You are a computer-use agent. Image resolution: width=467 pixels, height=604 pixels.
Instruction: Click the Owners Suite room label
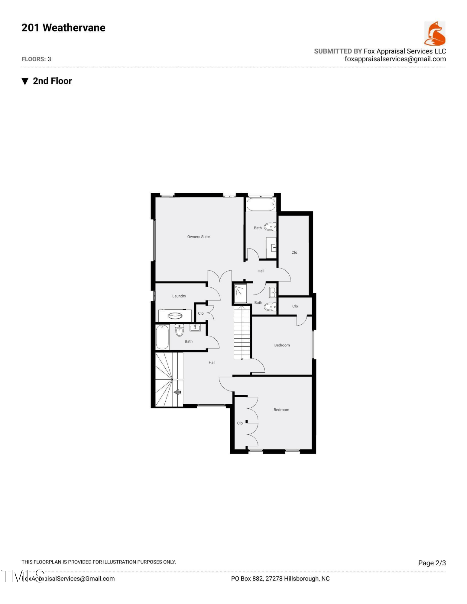pos(198,237)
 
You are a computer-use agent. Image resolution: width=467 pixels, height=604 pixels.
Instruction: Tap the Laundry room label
pos(179,296)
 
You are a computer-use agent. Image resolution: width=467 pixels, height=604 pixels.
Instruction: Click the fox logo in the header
pos(435,33)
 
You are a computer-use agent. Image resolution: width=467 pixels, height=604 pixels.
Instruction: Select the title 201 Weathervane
pos(63,28)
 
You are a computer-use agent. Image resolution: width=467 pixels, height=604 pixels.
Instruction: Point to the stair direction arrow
pos(177,392)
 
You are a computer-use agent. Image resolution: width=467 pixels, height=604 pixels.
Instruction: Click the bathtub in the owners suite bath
pos(261,204)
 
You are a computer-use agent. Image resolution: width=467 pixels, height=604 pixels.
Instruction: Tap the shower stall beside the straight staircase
pos(240,293)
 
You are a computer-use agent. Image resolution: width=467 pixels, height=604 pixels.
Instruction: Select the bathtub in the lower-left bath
pos(162,337)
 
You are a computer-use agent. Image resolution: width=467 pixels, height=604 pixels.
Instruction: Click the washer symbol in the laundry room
pos(175,316)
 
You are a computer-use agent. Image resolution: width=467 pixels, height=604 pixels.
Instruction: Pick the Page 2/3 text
pos(432,563)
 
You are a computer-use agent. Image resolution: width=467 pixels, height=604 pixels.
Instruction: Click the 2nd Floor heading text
pos(52,81)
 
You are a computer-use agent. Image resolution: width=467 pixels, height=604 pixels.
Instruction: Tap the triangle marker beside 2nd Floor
pos(25,81)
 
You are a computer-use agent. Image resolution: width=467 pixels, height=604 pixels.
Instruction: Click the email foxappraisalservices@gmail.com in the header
pos(395,59)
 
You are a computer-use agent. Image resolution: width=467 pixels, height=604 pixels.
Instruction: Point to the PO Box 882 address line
pos(280,579)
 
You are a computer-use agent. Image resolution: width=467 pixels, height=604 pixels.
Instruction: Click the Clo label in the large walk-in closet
pos(294,252)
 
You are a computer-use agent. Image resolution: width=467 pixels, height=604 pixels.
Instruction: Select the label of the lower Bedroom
pos(281,410)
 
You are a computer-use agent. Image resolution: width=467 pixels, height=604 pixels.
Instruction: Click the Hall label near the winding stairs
pos(212,362)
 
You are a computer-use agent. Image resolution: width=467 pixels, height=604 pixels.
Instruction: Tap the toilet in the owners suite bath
pos(270,226)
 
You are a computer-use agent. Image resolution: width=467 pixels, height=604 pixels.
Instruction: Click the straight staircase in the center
pos(242,332)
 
